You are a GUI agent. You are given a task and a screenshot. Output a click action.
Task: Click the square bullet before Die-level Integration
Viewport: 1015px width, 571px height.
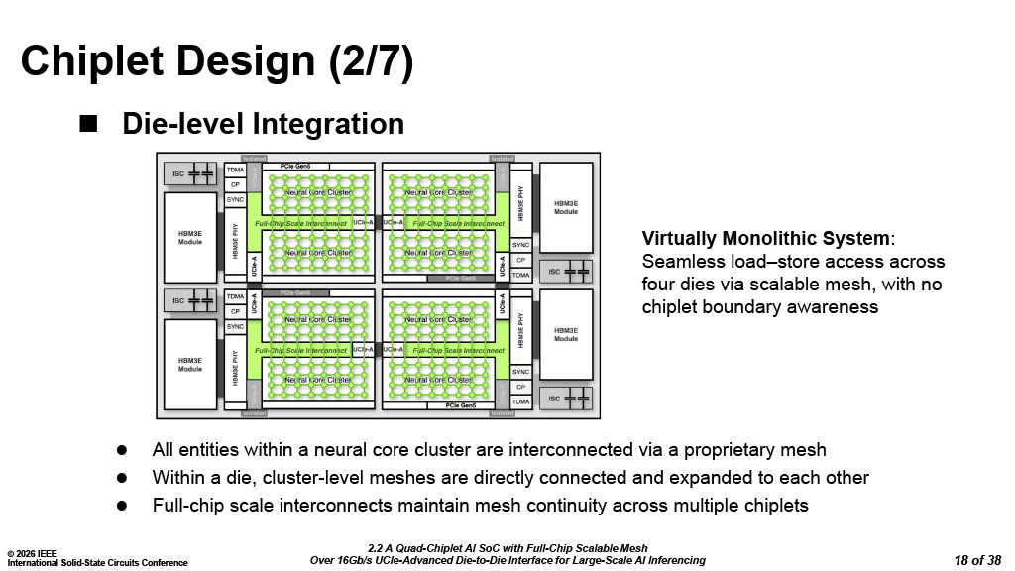89,123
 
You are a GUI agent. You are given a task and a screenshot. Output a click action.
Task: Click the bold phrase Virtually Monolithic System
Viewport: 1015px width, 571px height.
766,239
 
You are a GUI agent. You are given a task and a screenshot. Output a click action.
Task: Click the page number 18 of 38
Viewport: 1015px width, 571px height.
977,560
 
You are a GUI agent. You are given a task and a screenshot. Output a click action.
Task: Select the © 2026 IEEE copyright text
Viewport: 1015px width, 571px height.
33,552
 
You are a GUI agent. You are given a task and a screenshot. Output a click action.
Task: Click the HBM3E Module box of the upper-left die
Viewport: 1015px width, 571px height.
190,238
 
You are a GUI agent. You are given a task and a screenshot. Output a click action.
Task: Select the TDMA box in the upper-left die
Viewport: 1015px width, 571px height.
235,170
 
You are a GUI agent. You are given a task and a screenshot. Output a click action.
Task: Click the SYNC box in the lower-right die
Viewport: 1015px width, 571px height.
520,372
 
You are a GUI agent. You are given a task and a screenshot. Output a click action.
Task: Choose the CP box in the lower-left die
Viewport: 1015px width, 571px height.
235,311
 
